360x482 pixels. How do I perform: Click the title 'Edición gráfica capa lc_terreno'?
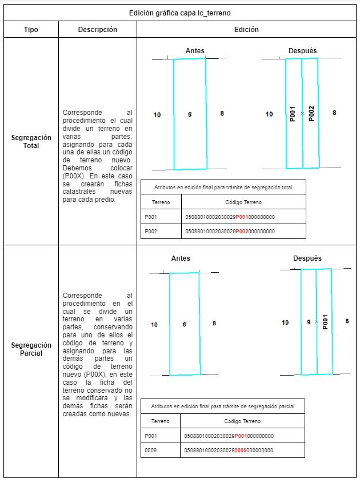pyautogui.click(x=180, y=12)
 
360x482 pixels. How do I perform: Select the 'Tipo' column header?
pyautogui.click(x=31, y=30)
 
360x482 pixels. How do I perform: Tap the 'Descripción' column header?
pyautogui.click(x=97, y=30)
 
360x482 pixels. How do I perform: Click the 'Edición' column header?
pyautogui.click(x=246, y=30)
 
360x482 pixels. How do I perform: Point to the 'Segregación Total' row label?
pyautogui.click(x=31, y=142)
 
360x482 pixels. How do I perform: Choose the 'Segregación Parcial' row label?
pyautogui.click(x=31, y=349)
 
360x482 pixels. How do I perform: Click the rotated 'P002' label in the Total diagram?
pyautogui.click(x=311, y=113)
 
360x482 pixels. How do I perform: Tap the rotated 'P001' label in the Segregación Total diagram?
pyautogui.click(x=293, y=114)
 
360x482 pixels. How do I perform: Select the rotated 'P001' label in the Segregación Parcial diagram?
pyautogui.click(x=325, y=321)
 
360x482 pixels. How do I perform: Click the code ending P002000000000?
pyautogui.click(x=231, y=231)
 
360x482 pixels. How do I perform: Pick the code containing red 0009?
pyautogui.click(x=229, y=450)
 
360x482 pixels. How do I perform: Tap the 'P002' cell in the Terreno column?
pyautogui.click(x=151, y=231)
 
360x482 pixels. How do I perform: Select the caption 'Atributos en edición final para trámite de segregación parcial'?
pyautogui.click(x=222, y=407)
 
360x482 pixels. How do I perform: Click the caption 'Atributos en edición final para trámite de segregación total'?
pyautogui.click(x=223, y=187)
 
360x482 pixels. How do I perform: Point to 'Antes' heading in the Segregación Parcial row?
pyautogui.click(x=181, y=258)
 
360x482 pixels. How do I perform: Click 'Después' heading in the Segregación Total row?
pyautogui.click(x=302, y=51)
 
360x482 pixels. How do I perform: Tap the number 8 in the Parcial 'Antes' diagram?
pyautogui.click(x=214, y=324)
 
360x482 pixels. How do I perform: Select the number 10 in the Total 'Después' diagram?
pyautogui.click(x=269, y=114)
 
